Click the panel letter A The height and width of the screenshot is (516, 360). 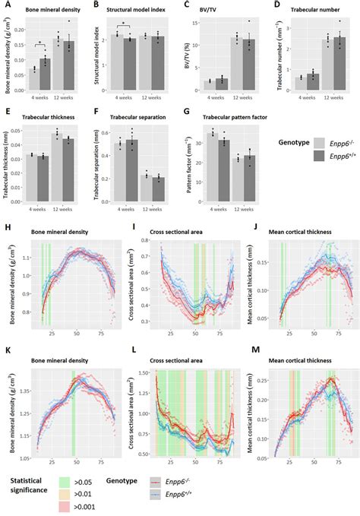pyautogui.click(x=5, y=5)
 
